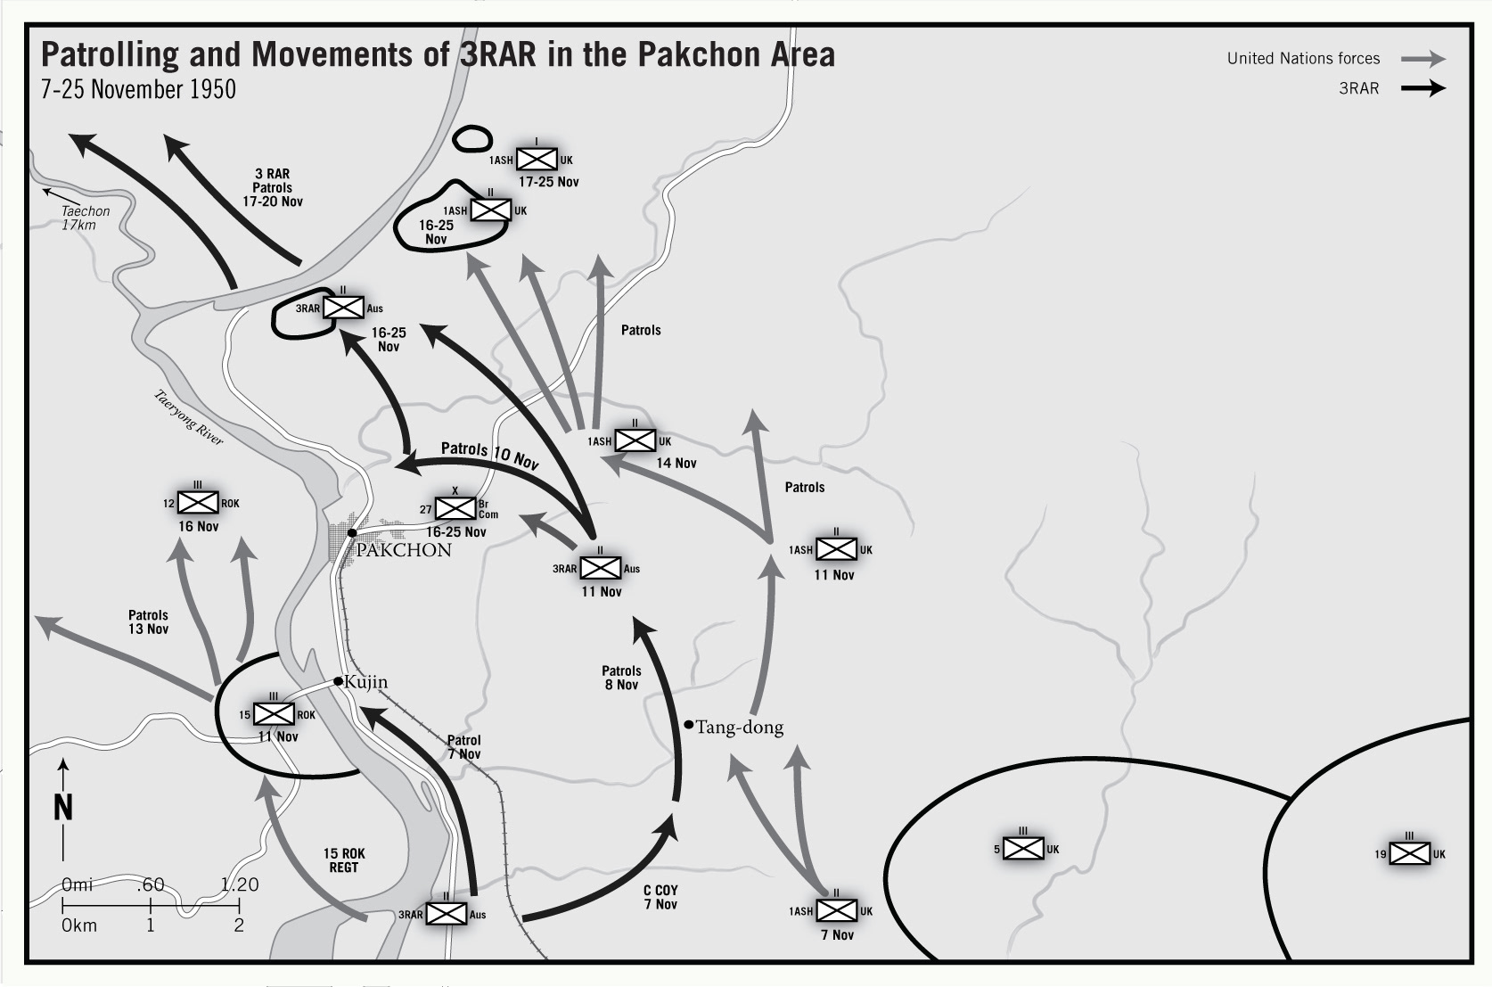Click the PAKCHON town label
pyautogui.click(x=404, y=550)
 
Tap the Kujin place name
pyautogui.click(x=365, y=682)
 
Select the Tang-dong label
pyautogui.click(x=739, y=728)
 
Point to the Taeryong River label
pyautogui.click(x=189, y=417)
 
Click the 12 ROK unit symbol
pyautogui.click(x=198, y=503)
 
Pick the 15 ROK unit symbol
pyautogui.click(x=274, y=714)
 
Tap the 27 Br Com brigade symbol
pyautogui.click(x=455, y=508)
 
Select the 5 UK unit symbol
pyautogui.click(x=1023, y=849)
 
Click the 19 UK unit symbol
pyautogui.click(x=1409, y=853)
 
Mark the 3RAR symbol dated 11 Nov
pyautogui.click(x=600, y=568)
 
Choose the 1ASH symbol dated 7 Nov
pyautogui.click(x=836, y=910)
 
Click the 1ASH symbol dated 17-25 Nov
pyautogui.click(x=537, y=160)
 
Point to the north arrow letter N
pyautogui.click(x=63, y=807)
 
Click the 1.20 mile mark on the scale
pyautogui.click(x=240, y=884)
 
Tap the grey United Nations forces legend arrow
pyautogui.click(x=1422, y=59)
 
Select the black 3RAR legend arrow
pyautogui.click(x=1422, y=88)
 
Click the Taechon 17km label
pyautogui.click(x=84, y=218)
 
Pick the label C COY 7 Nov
pyautogui.click(x=660, y=897)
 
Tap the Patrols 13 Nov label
pyautogui.click(x=148, y=621)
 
